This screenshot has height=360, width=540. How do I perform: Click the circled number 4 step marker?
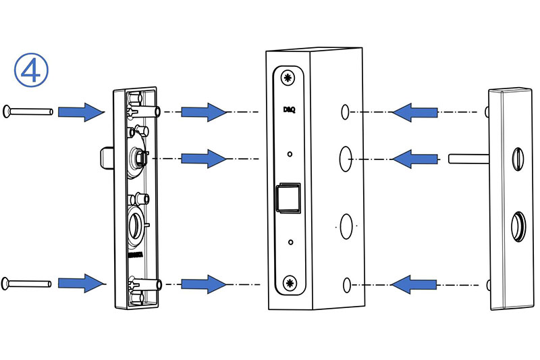31,70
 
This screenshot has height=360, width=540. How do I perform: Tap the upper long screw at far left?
28,111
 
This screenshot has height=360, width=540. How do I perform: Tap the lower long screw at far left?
27,284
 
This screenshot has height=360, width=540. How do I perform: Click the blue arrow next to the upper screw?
81,112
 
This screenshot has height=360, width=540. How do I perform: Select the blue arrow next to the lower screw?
81,284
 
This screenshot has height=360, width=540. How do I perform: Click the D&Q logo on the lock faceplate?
289,109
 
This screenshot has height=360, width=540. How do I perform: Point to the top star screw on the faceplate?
288,78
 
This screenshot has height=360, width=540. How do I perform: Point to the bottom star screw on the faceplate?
290,283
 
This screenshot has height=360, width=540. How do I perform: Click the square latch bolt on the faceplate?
288,197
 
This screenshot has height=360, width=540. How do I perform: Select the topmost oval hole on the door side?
345,112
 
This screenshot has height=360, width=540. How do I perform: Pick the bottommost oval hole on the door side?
347,285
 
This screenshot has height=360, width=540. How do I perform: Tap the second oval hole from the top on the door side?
346,159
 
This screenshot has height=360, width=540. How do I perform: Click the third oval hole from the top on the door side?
346,226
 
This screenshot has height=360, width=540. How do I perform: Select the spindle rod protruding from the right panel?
468,159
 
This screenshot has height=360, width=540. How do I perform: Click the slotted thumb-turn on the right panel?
518,159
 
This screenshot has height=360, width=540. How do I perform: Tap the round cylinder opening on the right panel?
518,226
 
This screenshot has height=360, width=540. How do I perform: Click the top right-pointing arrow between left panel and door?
204,112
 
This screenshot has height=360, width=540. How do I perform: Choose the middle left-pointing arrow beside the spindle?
415,159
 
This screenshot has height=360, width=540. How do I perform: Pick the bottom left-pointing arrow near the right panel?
414,284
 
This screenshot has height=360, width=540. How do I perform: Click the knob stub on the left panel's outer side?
107,158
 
